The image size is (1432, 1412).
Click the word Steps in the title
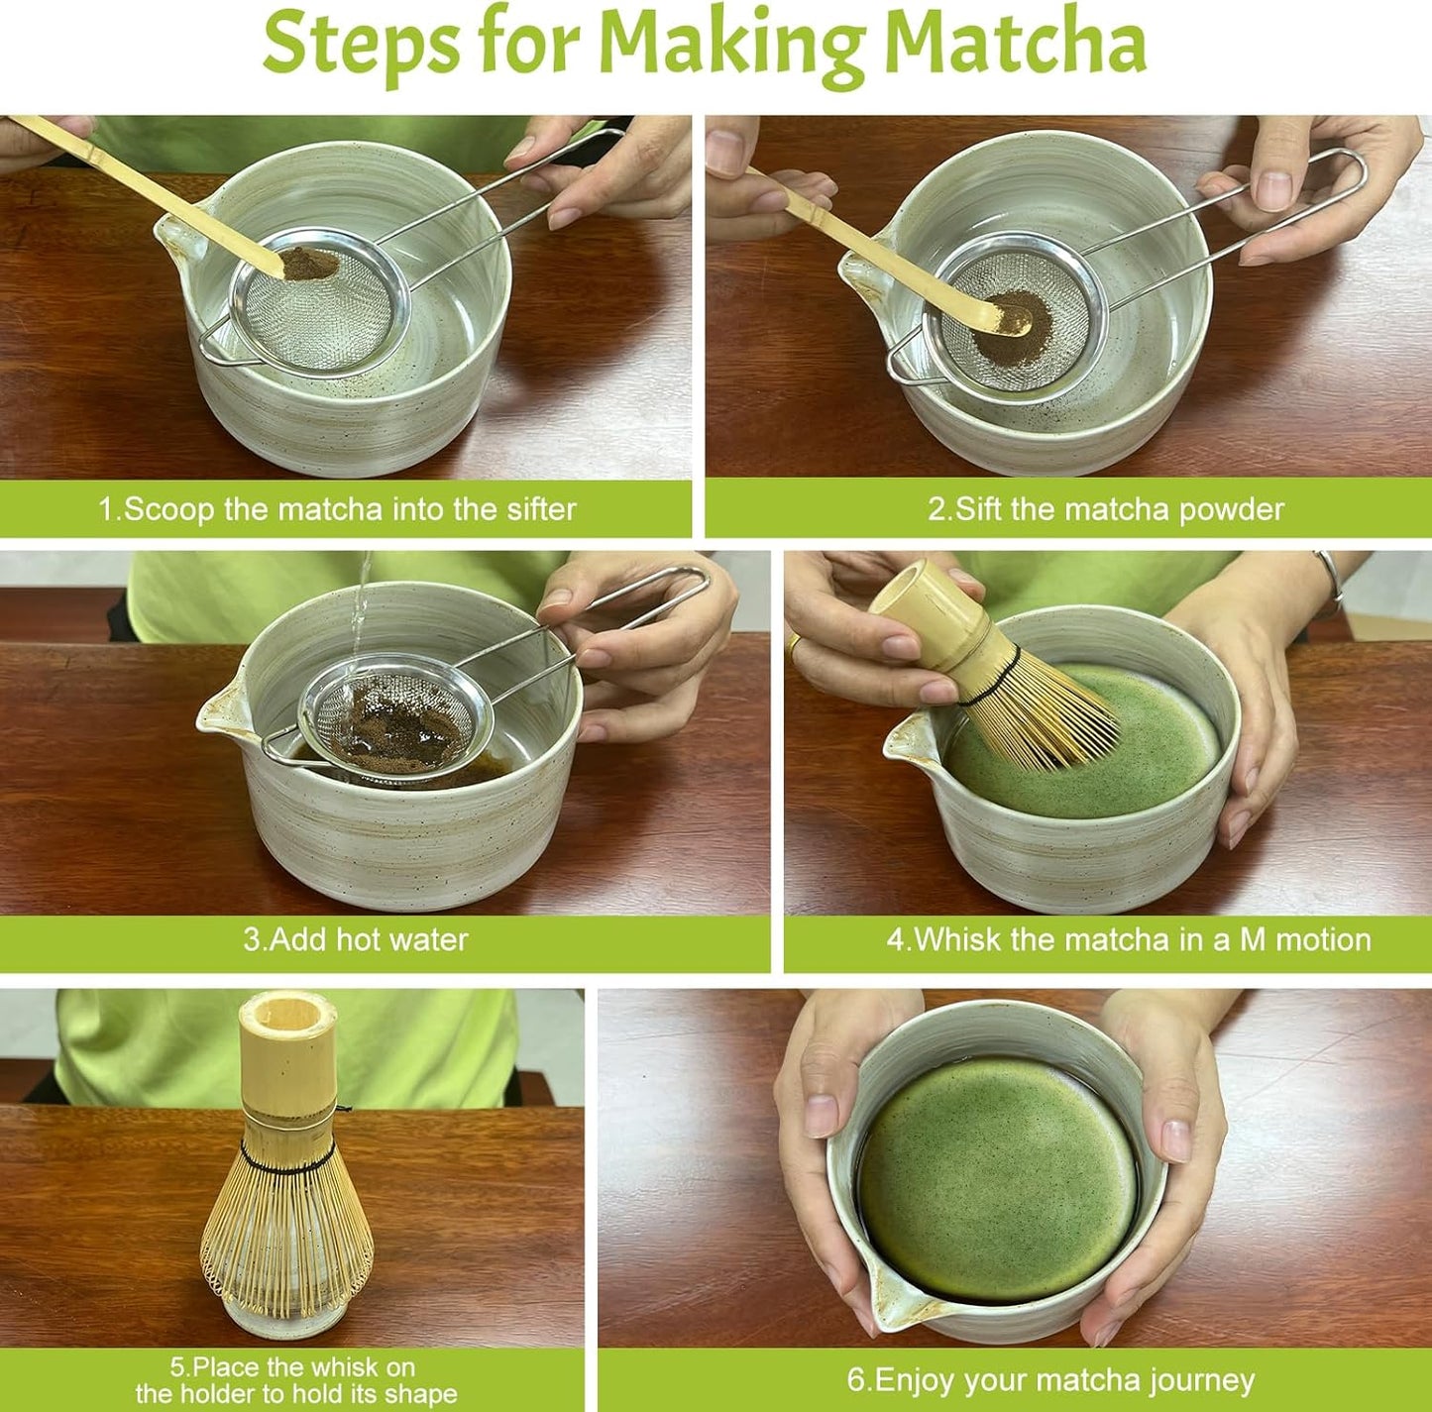362,44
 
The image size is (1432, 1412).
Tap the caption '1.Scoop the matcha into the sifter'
337,509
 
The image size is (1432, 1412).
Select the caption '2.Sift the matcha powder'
1105,509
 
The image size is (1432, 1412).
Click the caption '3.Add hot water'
356,939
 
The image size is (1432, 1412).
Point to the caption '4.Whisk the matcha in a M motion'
1128,939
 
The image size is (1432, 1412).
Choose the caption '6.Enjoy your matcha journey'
1049,1379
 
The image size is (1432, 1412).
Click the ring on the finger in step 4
793,645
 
